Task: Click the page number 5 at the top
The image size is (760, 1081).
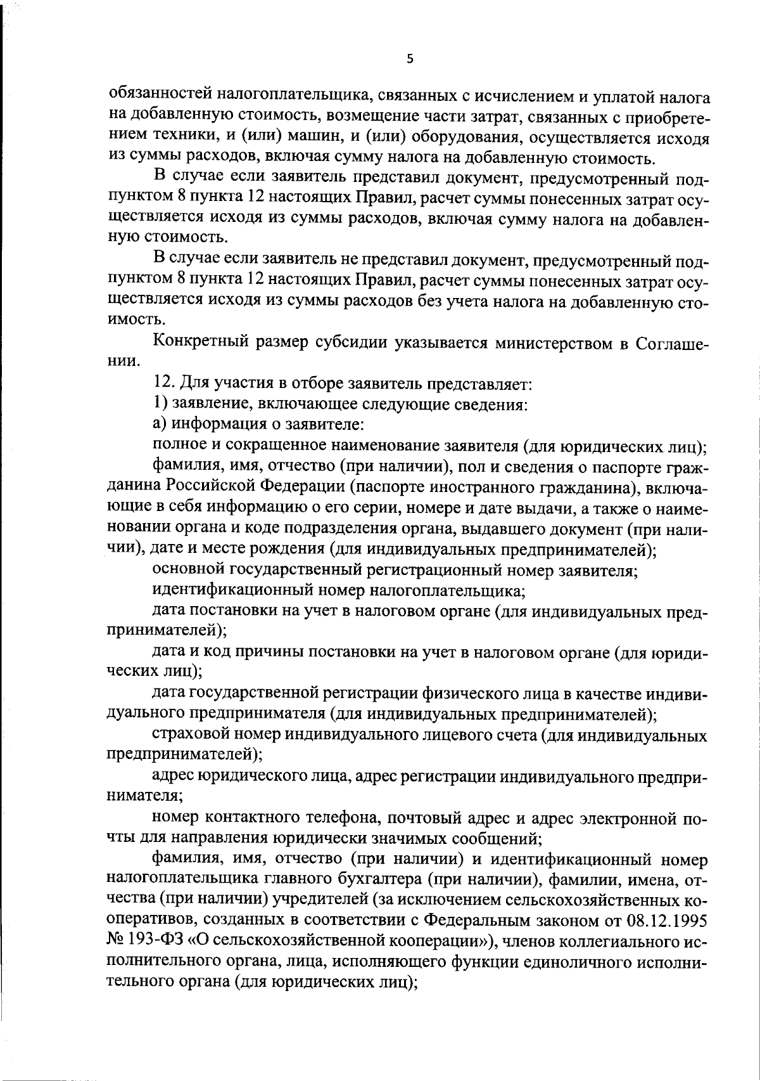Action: [x=409, y=58]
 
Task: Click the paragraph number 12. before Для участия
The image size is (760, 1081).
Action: [x=164, y=383]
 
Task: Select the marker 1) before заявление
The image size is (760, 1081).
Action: [x=160, y=404]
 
